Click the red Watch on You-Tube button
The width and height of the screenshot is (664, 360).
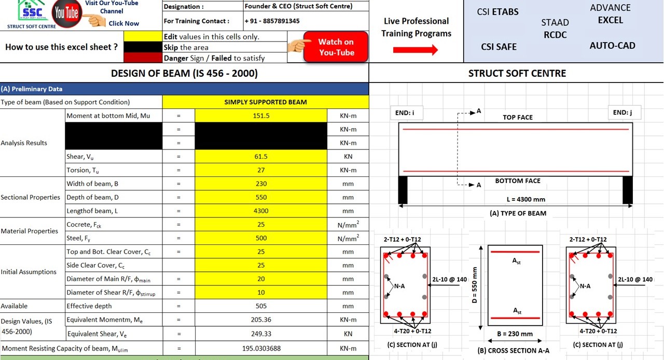tap(336, 47)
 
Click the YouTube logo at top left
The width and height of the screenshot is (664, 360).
tap(66, 13)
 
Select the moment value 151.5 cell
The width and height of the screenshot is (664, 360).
tap(261, 116)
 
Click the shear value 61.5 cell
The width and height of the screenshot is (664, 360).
tap(261, 157)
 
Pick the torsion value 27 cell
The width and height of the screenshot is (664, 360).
tap(261, 170)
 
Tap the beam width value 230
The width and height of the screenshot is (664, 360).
tap(261, 184)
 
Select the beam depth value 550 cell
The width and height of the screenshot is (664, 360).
tap(261, 197)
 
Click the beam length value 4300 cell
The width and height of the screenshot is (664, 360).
tap(261, 211)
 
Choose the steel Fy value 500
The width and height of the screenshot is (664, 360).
tap(261, 238)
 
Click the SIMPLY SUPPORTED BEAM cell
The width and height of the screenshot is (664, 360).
tap(266, 102)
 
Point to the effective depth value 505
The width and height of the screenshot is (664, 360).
tap(261, 306)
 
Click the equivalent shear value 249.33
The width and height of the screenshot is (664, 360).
tap(261, 334)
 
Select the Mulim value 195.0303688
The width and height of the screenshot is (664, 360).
tap(261, 349)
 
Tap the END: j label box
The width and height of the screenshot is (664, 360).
tap(623, 113)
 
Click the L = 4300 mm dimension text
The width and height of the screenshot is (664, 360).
tap(525, 199)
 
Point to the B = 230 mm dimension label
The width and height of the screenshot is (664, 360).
tap(515, 334)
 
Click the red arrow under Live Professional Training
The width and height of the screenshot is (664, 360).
tap(416, 50)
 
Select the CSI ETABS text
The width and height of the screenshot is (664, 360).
tap(497, 12)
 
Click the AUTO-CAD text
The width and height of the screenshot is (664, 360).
tap(612, 46)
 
